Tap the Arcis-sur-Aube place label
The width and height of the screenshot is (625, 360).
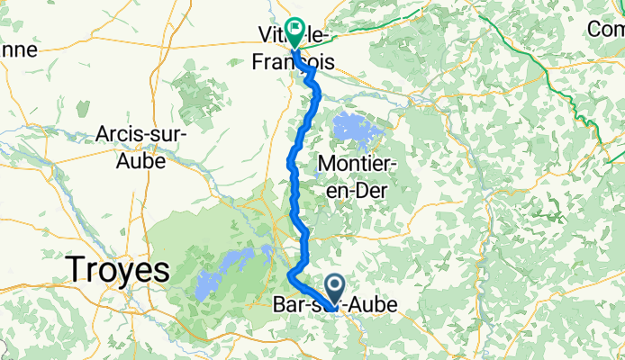click(x=142, y=148)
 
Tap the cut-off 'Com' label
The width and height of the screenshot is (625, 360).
click(x=605, y=29)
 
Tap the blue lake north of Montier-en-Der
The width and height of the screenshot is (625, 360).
click(x=358, y=130)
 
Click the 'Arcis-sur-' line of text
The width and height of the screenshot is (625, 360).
click(x=142, y=136)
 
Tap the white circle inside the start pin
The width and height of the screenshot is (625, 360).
click(x=334, y=286)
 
